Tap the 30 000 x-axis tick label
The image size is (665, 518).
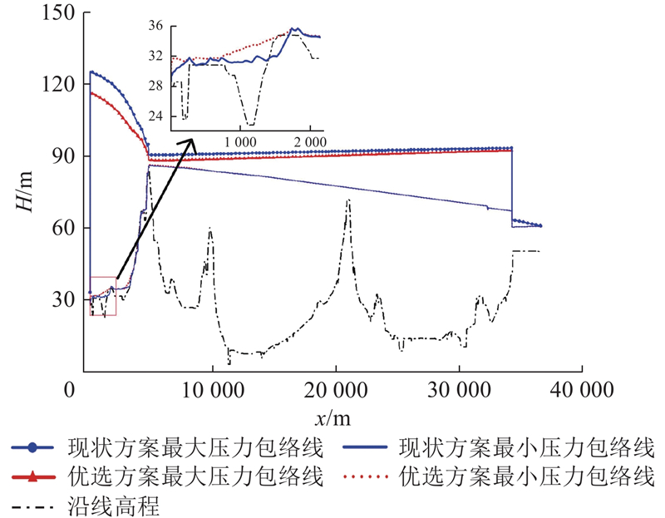click(459, 389)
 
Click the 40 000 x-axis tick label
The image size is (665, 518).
click(582, 389)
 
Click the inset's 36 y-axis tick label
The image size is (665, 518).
click(156, 27)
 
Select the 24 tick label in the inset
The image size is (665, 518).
click(156, 117)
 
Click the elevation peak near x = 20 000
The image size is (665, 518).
click(348, 200)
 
